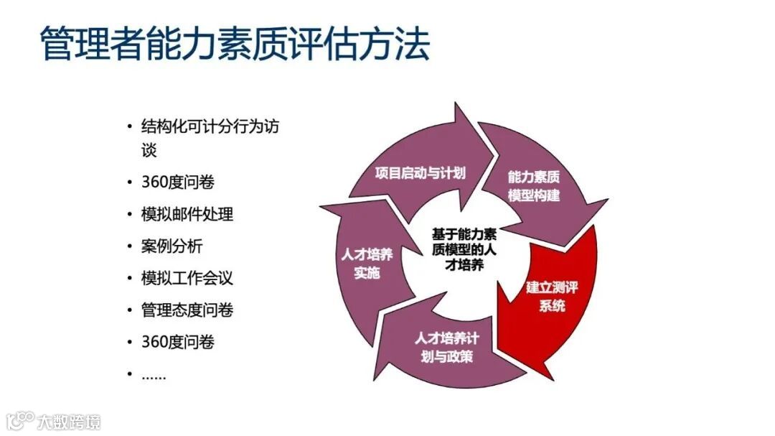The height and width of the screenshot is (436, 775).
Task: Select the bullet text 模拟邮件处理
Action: click(x=187, y=215)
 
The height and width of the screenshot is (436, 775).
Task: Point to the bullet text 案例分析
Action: click(x=172, y=246)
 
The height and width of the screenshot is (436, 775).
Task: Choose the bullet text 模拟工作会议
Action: click(x=187, y=278)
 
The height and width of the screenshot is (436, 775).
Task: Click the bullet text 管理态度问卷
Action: click(x=187, y=310)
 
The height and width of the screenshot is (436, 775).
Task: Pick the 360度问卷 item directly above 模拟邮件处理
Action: click(x=178, y=182)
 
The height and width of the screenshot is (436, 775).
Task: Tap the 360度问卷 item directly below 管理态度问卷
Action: click(x=178, y=342)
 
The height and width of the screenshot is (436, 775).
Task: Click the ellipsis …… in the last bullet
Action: click(x=154, y=375)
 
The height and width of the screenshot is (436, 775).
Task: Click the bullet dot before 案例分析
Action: click(x=129, y=246)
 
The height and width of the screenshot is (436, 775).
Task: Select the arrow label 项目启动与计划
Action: click(x=421, y=172)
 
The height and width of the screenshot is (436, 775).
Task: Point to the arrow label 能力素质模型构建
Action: click(x=533, y=186)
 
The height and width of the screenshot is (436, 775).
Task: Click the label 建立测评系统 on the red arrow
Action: click(x=552, y=297)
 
